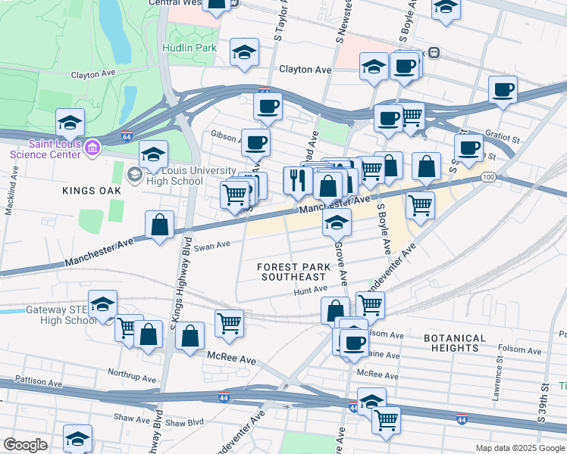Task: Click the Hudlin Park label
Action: coord(189,48)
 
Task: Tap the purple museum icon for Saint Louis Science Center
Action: coord(92,145)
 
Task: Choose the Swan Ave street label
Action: coord(212,245)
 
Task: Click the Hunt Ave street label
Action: coord(310,289)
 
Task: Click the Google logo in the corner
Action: coord(25,444)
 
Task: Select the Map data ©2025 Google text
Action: coord(519,448)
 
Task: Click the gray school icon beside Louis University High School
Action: coord(134,176)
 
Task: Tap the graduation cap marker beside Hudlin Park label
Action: coord(244,51)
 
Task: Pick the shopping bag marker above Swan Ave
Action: coord(159,225)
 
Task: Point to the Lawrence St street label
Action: coord(499,372)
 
